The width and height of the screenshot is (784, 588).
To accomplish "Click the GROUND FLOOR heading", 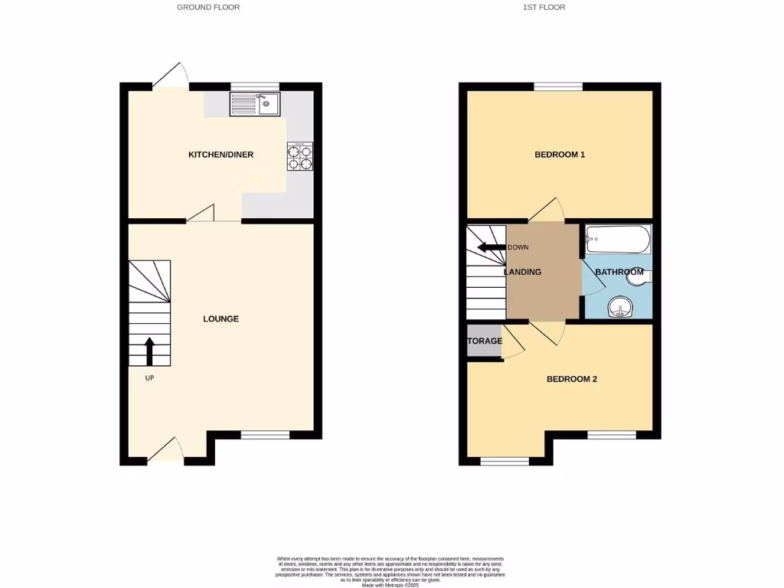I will pyautogui.click(x=208, y=8).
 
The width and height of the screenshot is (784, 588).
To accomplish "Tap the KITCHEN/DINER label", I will pyautogui.click(x=220, y=155).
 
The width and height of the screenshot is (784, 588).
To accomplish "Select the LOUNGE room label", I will pyautogui.click(x=220, y=318).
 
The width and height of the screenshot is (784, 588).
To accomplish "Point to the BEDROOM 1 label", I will pyautogui.click(x=560, y=155).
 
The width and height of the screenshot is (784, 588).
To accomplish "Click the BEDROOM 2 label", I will pyautogui.click(x=571, y=379).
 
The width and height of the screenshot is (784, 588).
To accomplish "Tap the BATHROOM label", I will pyautogui.click(x=619, y=272).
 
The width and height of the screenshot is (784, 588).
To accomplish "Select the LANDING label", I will pyautogui.click(x=523, y=272).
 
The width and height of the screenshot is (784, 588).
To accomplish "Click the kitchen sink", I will pyautogui.click(x=256, y=104).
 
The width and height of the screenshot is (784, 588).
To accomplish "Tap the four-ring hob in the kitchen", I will pyautogui.click(x=299, y=157).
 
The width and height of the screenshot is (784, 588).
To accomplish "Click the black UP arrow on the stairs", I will pyautogui.click(x=149, y=351).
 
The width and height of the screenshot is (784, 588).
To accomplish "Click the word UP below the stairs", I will pyautogui.click(x=149, y=378).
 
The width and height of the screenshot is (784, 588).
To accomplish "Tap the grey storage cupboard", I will pyautogui.click(x=484, y=341).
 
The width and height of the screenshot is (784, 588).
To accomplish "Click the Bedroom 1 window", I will pyautogui.click(x=558, y=87).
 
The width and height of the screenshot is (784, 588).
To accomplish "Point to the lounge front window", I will pyautogui.click(x=265, y=435).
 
